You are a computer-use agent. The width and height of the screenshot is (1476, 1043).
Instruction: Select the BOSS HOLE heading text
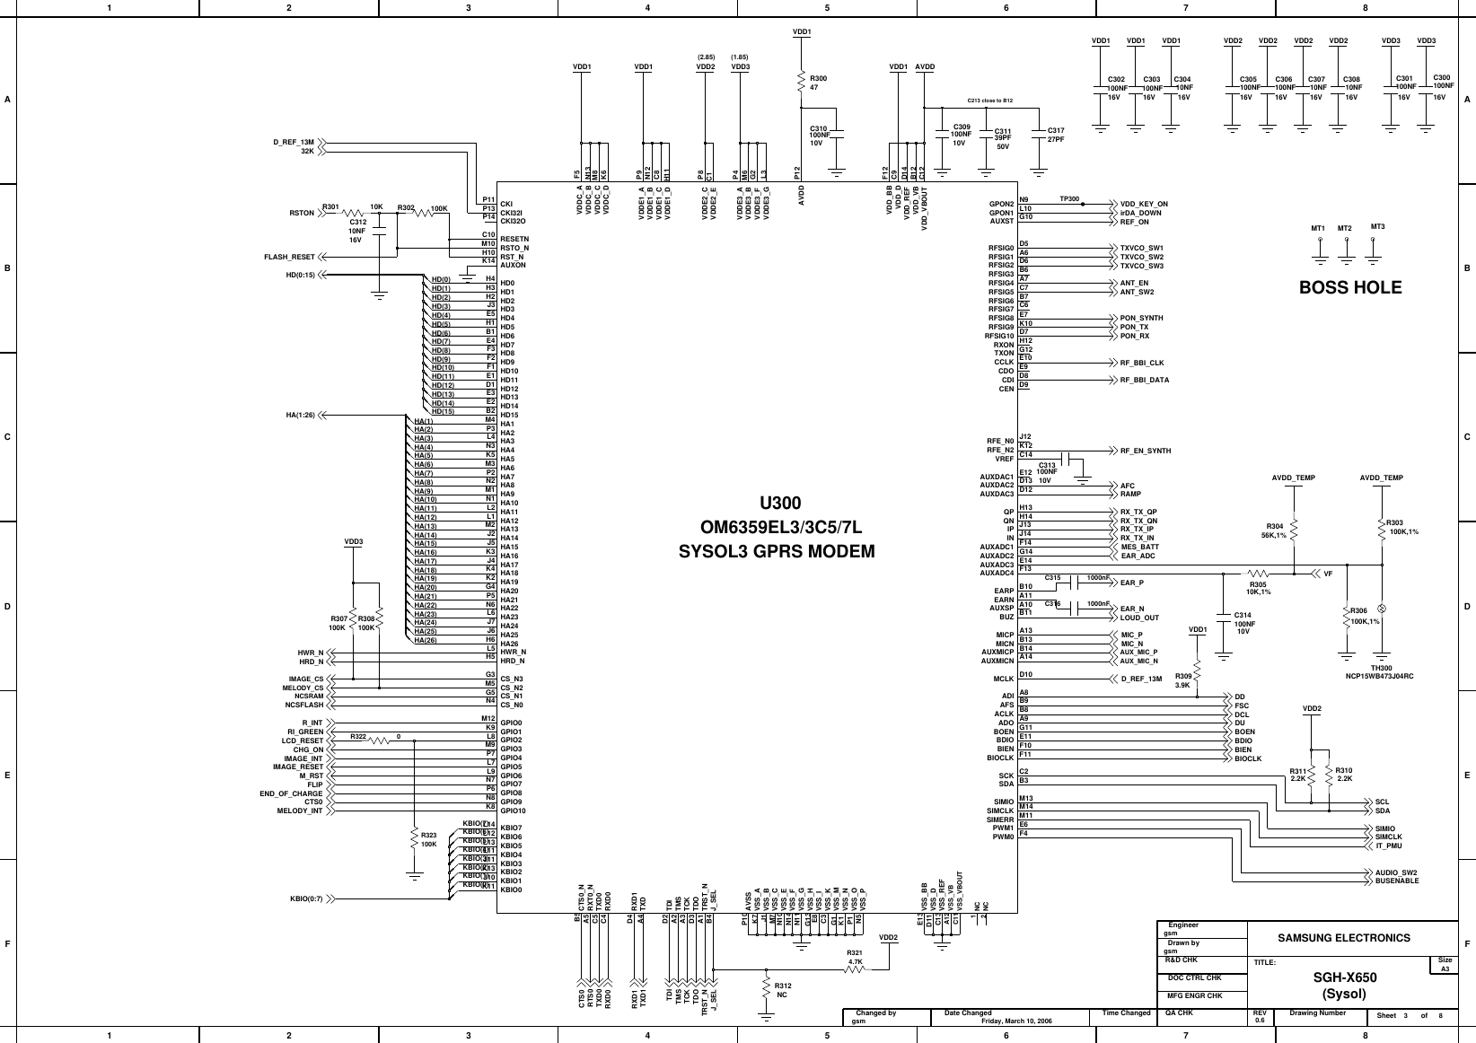coord(1350,287)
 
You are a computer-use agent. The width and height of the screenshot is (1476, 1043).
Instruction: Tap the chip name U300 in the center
coord(780,503)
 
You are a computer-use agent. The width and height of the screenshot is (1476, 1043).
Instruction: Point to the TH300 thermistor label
coord(1381,668)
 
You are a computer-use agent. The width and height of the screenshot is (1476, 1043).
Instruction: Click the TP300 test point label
coord(1069,198)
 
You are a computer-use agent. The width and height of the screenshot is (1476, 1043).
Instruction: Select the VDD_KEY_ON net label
coord(1144,205)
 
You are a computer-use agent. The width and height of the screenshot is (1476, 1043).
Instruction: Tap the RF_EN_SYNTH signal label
coord(1146,451)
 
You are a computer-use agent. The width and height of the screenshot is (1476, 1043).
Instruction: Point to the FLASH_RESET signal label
coord(289,257)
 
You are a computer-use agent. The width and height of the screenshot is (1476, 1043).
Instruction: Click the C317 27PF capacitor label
coord(1056,135)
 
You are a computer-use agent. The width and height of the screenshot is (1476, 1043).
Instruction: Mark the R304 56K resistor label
coord(1274,530)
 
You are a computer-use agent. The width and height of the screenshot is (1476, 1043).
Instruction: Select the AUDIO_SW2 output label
coord(1396,872)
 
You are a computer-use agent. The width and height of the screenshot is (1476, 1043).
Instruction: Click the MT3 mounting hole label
coord(1377,226)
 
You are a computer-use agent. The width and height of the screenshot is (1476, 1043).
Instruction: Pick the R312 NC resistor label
coord(782,989)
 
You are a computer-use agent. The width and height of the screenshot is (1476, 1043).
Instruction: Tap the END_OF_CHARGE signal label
coord(291,793)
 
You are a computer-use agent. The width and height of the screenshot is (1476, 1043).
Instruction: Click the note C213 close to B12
coord(989,101)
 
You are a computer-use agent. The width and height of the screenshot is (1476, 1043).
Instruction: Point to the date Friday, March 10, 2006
coord(1017,1021)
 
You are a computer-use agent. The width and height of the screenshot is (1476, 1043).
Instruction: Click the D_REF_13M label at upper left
coord(294,143)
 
